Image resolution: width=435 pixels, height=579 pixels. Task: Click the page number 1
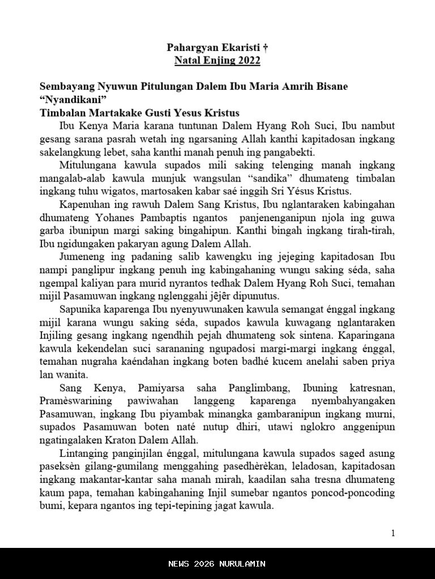393,533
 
